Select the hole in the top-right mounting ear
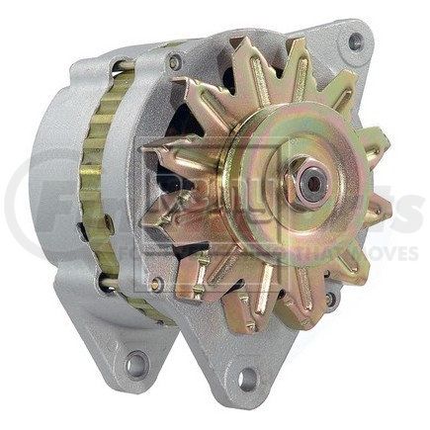coord(354,41)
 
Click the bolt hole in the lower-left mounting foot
coord(136,365)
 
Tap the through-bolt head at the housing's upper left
coord(174,62)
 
